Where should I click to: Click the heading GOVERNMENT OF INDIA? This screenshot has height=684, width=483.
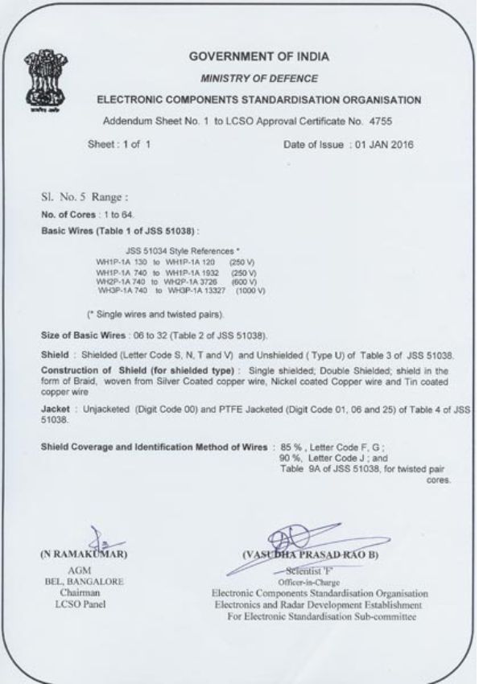tap(258, 57)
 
